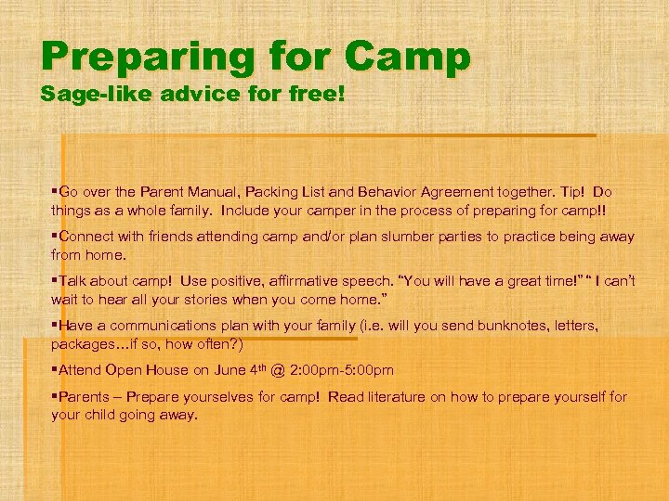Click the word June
click(x=231, y=370)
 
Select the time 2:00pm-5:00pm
click(x=331, y=370)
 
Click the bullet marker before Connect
click(x=55, y=237)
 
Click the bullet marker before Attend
click(x=55, y=370)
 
